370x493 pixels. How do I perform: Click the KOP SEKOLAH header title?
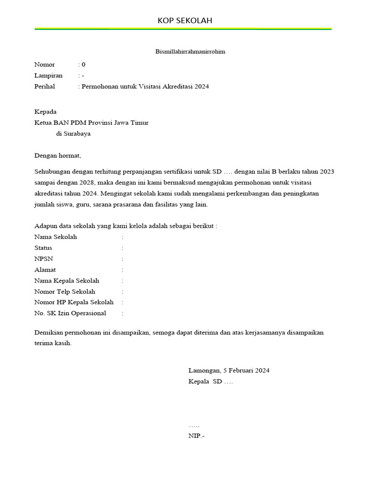click(185, 20)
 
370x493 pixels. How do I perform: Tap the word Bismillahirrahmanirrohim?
click(190, 52)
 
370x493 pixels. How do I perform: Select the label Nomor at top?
click(44, 65)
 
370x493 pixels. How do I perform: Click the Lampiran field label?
click(48, 76)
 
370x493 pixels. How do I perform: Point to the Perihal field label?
click(45, 87)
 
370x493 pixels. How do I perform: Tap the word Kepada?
click(45, 112)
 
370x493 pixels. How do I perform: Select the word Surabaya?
click(77, 134)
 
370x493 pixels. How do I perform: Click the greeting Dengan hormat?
click(58, 156)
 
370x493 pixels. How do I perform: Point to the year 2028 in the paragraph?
click(88, 182)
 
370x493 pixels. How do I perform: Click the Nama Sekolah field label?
click(55, 237)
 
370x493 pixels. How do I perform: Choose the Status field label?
click(43, 248)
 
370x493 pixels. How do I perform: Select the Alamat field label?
click(45, 270)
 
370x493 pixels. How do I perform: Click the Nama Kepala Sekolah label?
click(66, 281)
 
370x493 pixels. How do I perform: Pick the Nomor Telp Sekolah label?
click(65, 292)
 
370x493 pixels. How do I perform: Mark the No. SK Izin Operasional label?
click(70, 313)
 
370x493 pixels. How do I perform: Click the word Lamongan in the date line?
click(204, 371)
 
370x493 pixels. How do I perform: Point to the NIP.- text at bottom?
click(196, 436)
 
